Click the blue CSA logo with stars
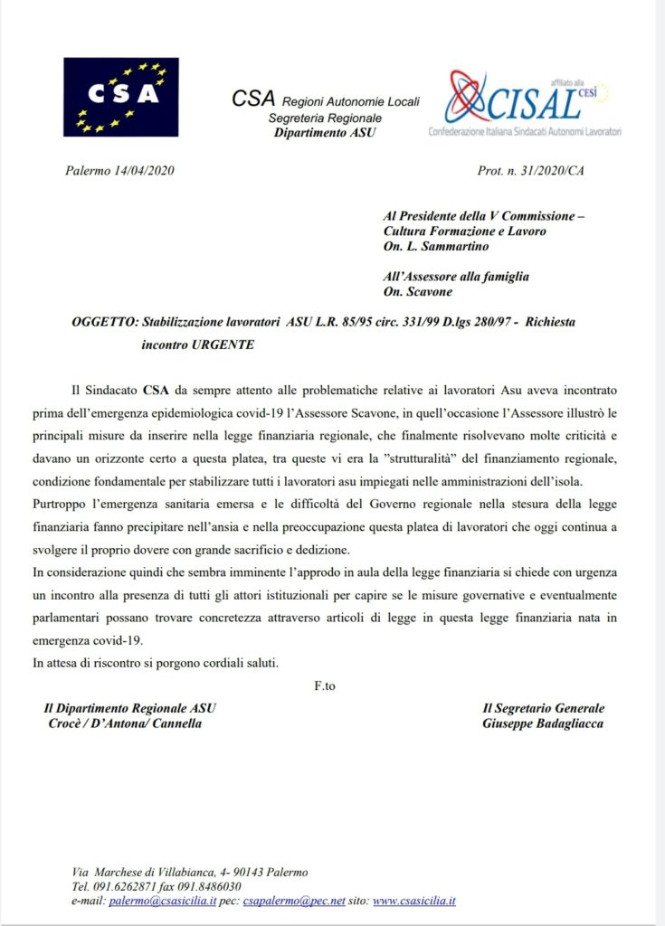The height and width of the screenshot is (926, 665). tap(120, 97)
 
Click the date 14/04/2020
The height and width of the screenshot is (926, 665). tap(145, 171)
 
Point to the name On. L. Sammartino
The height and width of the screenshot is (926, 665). tap(437, 246)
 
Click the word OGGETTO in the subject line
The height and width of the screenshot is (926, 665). tap(103, 321)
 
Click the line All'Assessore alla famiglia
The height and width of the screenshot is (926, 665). tap(457, 276)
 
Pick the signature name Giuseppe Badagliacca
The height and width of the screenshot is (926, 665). tap(543, 723)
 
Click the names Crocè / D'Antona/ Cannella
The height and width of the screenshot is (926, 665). tap(125, 723)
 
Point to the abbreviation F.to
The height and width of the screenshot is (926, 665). tap(325, 686)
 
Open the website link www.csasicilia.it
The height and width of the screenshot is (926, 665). tap(413, 902)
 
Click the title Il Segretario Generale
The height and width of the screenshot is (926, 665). tap(543, 708)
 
